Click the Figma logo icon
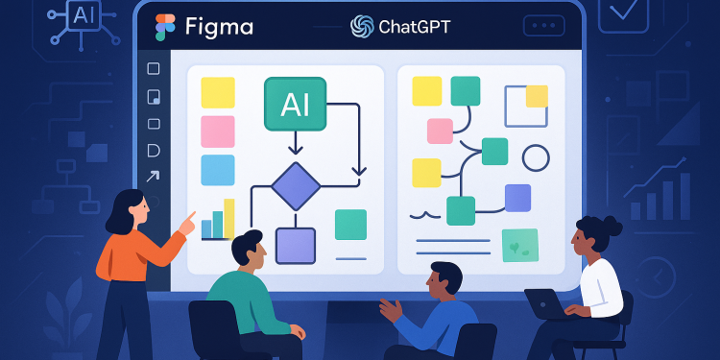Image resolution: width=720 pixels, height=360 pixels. pyautogui.click(x=165, y=27)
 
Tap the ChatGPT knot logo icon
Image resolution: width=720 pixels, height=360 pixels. pyautogui.click(x=362, y=26)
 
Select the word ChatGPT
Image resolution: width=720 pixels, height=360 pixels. pyautogui.click(x=415, y=26)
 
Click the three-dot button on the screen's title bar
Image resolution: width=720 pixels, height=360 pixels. pyautogui.click(x=543, y=26)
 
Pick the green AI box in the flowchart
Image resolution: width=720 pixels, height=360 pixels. pyautogui.click(x=295, y=104)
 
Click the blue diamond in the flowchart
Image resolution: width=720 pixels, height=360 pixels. pyautogui.click(x=295, y=185)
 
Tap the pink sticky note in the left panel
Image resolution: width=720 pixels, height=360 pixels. pyautogui.click(x=217, y=132)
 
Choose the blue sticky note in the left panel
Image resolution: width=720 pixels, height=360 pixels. pyautogui.click(x=217, y=170)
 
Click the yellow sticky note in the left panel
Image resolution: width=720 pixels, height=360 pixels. pyautogui.click(x=217, y=92)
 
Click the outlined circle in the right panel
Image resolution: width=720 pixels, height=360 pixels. pyautogui.click(x=535, y=157)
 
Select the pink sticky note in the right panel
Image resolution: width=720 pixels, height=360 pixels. pyautogui.click(x=440, y=131)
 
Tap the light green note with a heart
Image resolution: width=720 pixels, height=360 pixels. pyautogui.click(x=519, y=245)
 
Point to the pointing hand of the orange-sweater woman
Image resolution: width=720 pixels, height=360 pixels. pyautogui.click(x=188, y=224)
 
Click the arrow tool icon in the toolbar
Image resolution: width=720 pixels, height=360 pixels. pyautogui.click(x=153, y=177)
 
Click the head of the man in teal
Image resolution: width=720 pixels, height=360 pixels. pyautogui.click(x=247, y=251)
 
